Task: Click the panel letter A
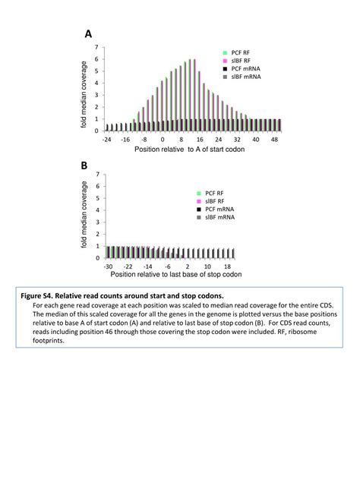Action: point(88,35)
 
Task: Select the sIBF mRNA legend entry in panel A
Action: point(245,77)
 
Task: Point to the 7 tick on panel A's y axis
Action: point(96,47)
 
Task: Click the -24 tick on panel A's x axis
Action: point(108,140)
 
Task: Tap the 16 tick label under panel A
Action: point(200,140)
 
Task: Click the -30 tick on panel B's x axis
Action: point(109,267)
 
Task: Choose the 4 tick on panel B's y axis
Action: point(96,210)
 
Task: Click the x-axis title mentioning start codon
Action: point(189,150)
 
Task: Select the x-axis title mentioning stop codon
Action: point(175,275)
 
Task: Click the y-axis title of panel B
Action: point(84,215)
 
